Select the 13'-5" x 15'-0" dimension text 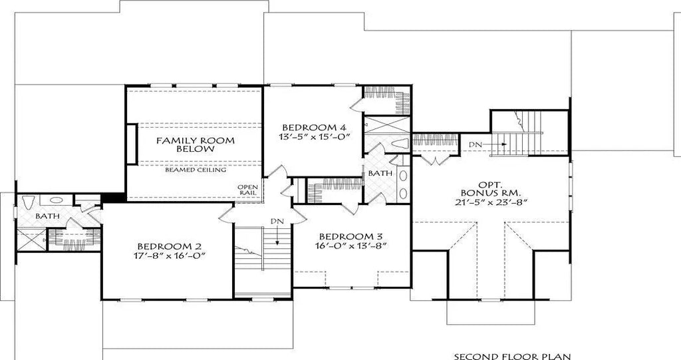pos(314,138)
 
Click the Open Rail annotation pos(247,190)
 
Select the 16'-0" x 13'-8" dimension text pos(352,246)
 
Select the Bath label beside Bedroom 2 pos(47,216)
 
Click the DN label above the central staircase pos(275,220)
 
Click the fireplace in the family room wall pos(132,142)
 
